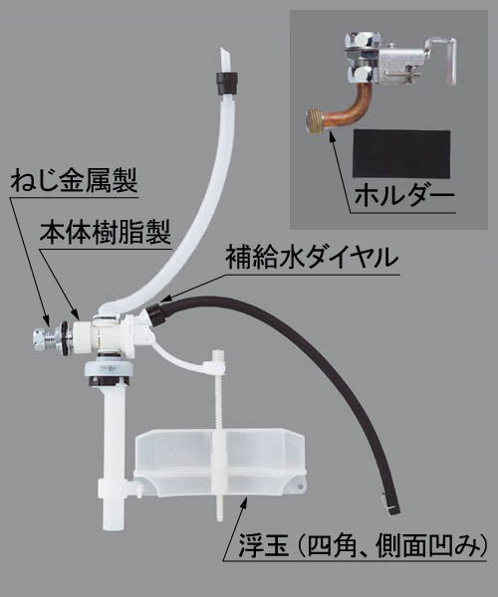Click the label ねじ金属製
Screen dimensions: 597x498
(x=71, y=183)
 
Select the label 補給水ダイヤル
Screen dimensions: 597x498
(x=316, y=257)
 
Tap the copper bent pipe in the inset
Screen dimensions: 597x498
(x=348, y=105)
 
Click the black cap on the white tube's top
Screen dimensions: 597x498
(x=224, y=79)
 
